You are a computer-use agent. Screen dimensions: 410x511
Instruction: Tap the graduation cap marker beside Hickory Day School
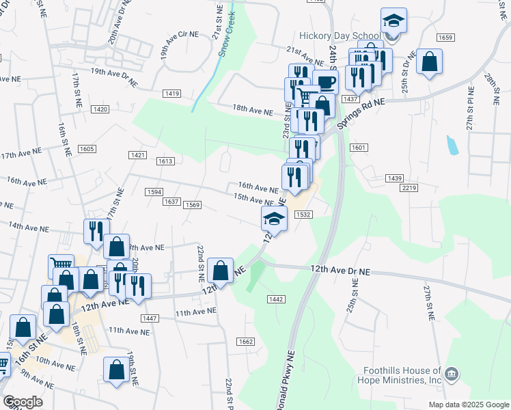(x=393, y=20)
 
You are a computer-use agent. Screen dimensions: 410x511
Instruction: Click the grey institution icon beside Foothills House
(x=451, y=374)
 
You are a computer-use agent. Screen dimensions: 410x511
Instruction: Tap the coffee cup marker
(x=325, y=83)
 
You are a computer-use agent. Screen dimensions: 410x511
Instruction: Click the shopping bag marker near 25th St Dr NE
(x=430, y=61)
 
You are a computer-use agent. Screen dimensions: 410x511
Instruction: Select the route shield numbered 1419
(x=172, y=93)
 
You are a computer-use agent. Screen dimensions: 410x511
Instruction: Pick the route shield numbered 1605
(x=87, y=149)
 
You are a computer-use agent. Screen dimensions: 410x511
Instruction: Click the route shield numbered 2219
(x=409, y=187)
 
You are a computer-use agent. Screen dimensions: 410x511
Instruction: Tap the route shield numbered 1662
(x=246, y=341)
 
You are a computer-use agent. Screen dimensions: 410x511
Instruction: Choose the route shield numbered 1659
(x=445, y=37)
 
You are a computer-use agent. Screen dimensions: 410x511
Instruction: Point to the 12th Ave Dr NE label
(x=340, y=271)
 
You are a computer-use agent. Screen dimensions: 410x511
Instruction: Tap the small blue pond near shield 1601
(x=452, y=144)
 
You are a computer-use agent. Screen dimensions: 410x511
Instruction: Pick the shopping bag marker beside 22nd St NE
(x=221, y=271)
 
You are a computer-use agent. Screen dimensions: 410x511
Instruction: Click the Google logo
(x=23, y=401)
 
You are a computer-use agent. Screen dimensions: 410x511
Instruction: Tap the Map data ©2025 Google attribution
(x=468, y=405)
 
